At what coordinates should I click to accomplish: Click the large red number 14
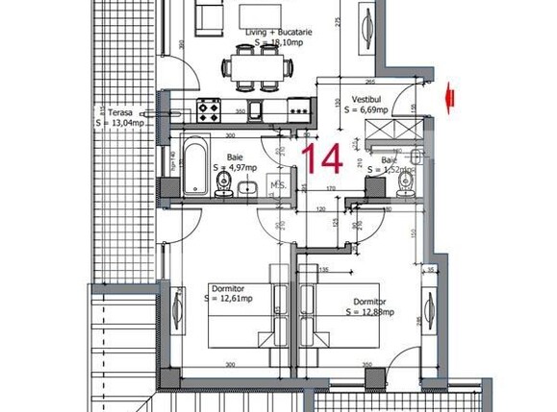pos(321,157)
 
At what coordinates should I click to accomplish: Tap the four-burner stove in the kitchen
pos(207,109)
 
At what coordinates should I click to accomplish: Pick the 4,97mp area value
pos(241,167)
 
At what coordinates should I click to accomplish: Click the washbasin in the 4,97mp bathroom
pos(246,188)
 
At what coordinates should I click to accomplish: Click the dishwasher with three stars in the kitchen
pos(299,109)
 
